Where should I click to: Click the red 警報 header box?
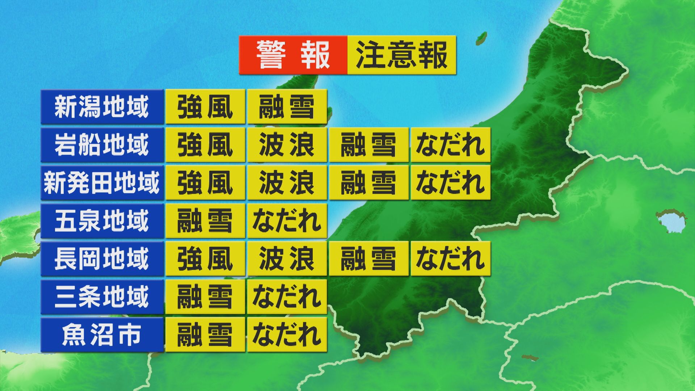293,55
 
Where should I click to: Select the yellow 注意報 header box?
401,55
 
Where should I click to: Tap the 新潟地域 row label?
102,107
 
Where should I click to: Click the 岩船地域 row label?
102,145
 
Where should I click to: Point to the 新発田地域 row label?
102,183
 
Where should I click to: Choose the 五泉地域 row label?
102,221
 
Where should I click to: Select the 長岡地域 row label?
102,259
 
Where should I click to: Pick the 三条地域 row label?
102,297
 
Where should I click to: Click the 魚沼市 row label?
102,335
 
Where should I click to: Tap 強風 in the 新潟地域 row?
205,107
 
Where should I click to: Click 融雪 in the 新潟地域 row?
287,107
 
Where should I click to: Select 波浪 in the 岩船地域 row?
287,145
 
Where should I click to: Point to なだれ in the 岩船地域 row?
450,145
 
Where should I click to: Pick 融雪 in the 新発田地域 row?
368,183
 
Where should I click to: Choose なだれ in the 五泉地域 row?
287,221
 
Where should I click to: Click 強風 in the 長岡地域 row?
205,259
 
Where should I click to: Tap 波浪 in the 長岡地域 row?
287,259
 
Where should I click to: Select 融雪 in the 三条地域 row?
205,297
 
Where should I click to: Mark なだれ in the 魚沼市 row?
287,335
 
